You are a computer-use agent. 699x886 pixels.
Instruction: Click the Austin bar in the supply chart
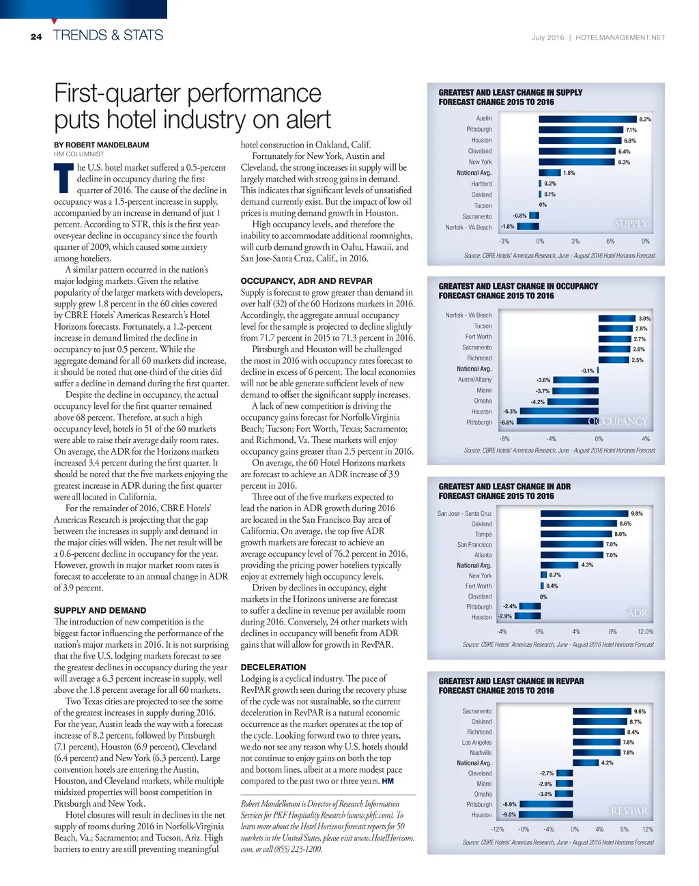tap(587, 119)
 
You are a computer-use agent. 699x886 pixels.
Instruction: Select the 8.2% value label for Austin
tap(645, 119)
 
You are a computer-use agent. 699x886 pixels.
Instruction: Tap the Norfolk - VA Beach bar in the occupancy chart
tap(616, 318)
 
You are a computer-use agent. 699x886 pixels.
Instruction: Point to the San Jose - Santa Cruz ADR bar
tap(584, 513)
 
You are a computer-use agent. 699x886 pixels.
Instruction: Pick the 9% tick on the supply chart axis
tap(646, 241)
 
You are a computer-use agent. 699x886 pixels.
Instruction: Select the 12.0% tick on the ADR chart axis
tap(645, 631)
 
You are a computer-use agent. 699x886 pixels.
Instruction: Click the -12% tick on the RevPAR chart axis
tap(498, 829)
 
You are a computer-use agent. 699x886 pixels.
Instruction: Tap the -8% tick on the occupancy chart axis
tap(504, 439)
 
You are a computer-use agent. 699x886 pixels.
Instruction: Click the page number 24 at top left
tap(36, 37)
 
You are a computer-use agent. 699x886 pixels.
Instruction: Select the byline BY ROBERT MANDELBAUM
tap(101, 145)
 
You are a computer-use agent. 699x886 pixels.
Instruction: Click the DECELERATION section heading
tap(273, 667)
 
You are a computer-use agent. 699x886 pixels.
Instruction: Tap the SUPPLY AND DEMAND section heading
tap(100, 610)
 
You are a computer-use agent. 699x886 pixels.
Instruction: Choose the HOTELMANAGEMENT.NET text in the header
tap(620, 38)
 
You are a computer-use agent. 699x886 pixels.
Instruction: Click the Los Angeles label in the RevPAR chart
tap(476, 742)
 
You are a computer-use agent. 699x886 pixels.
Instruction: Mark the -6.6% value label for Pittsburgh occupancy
tap(507, 423)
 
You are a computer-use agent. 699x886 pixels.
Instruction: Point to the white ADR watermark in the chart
tap(638, 613)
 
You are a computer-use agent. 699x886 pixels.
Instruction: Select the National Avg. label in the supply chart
tap(474, 173)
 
